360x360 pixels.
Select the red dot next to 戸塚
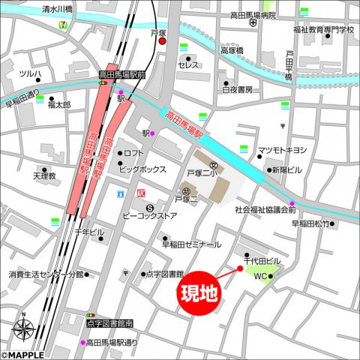[162, 42]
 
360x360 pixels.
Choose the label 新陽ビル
[286, 169]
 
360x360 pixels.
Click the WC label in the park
[259, 277]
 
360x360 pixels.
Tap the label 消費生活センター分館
[46, 274]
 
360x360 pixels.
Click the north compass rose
[23, 328]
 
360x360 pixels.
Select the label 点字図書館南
[109, 323]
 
